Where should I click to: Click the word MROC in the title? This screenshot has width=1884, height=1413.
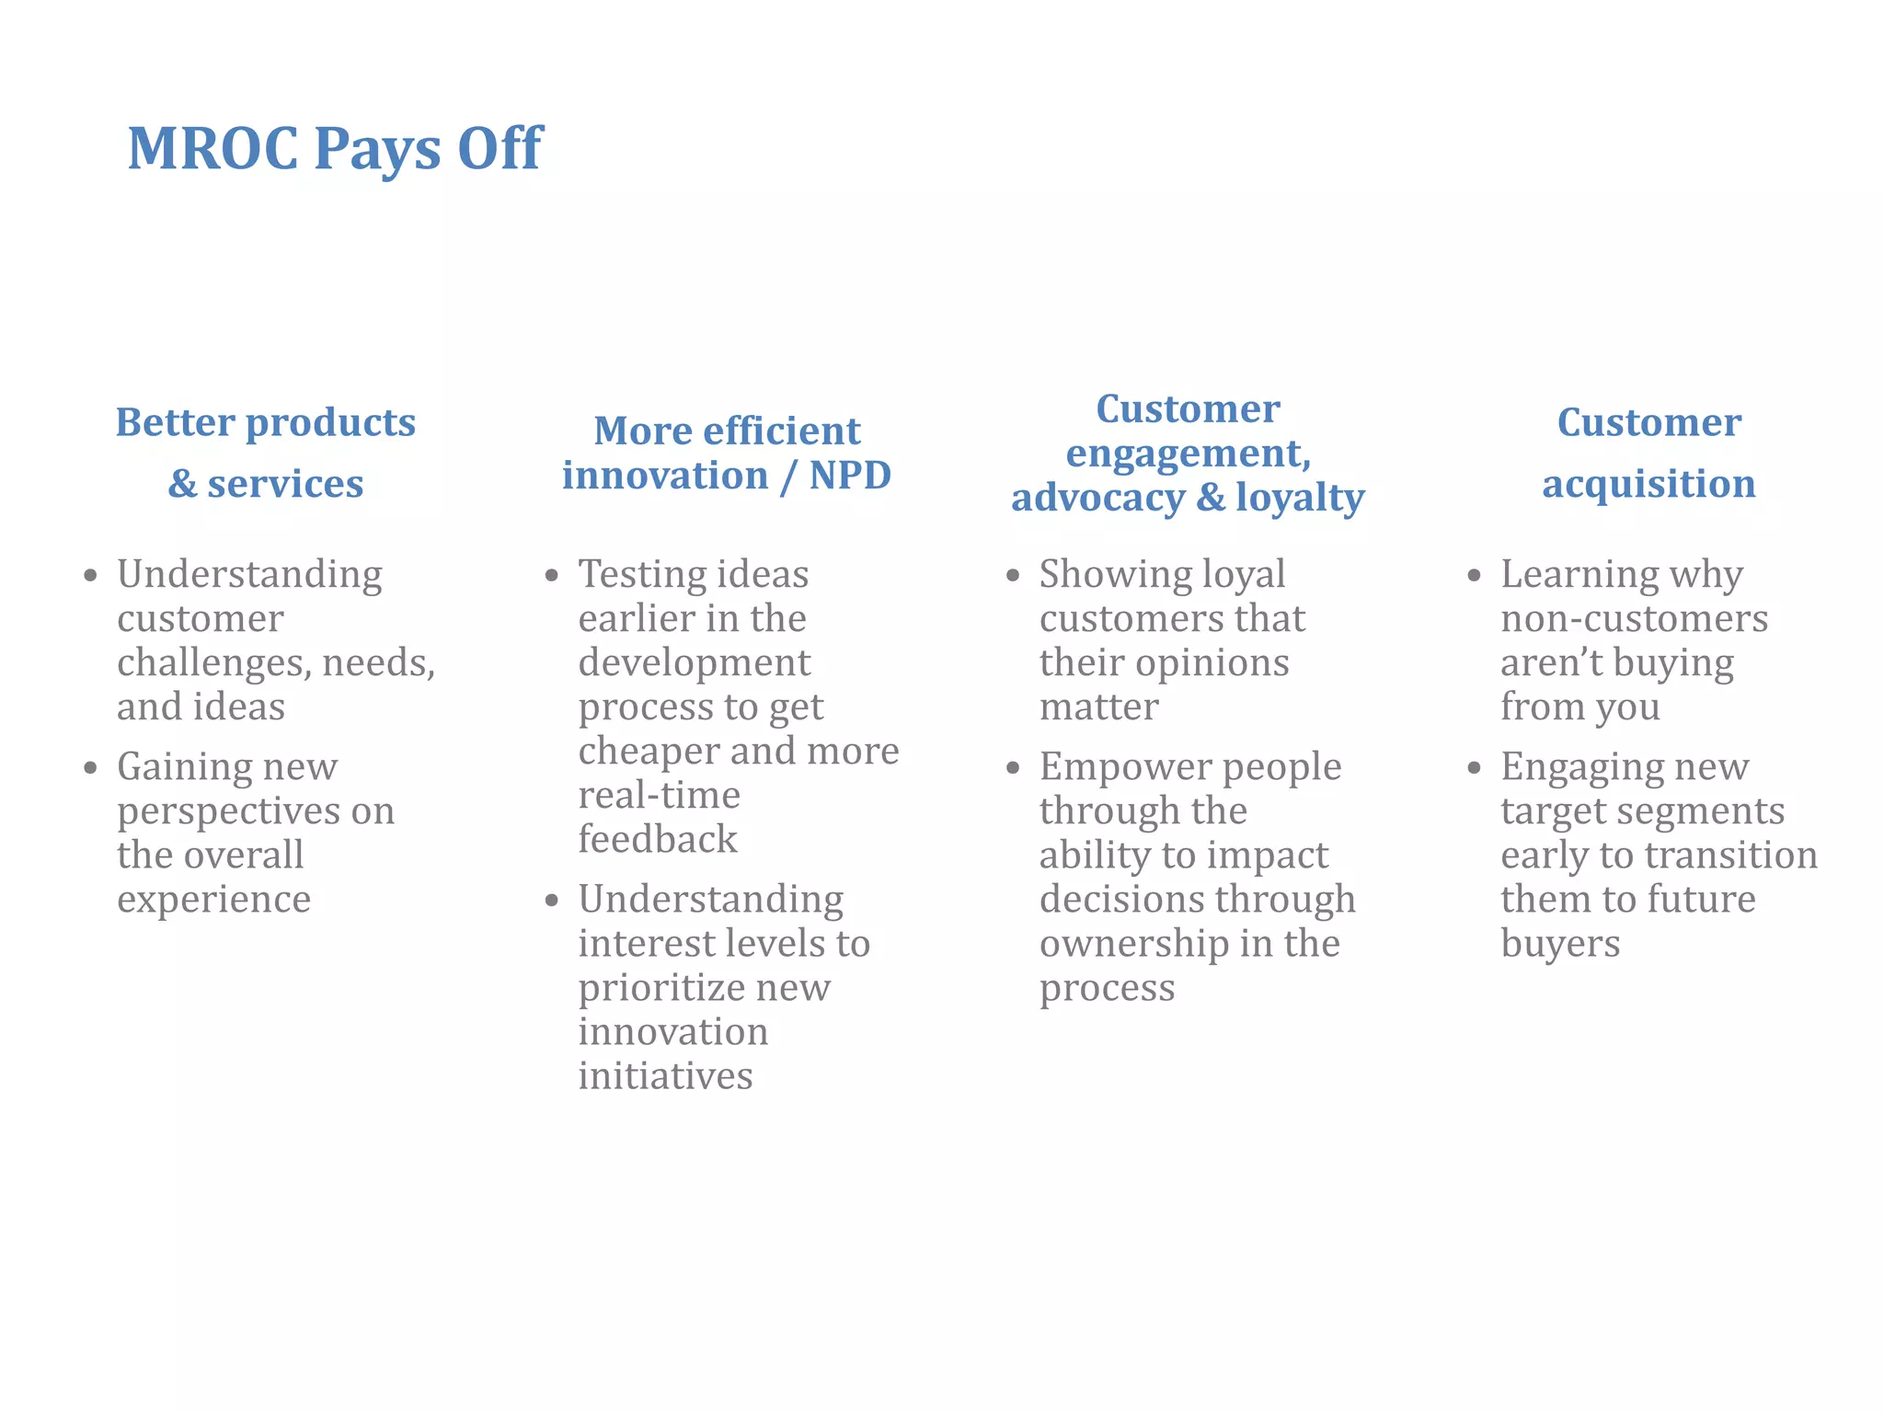pos(213,149)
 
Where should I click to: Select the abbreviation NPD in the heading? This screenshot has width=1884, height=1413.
pos(850,476)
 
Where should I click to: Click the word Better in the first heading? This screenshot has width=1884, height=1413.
pos(174,423)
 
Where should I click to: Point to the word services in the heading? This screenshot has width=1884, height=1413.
pos(285,484)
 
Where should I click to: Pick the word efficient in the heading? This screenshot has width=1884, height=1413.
pos(781,431)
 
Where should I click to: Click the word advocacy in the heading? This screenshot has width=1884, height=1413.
pos(1097,499)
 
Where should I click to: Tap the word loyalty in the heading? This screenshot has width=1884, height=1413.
pos(1300,499)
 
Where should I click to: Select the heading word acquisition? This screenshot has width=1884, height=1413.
pos(1648,484)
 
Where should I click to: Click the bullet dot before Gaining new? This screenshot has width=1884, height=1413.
pos(90,767)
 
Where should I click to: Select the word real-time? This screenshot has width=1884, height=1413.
pos(659,796)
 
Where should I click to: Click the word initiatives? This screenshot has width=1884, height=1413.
pos(665,1076)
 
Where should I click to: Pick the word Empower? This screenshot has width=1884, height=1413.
pos(1120,767)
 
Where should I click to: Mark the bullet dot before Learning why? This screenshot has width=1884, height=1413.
pos(1474,576)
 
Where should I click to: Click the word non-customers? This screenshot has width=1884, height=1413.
pos(1634,619)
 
